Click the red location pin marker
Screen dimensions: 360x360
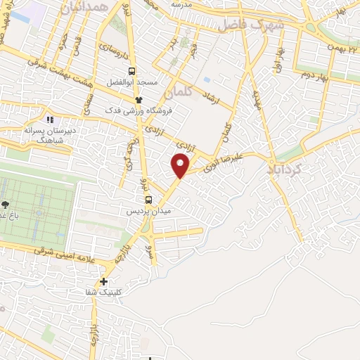click(181, 166)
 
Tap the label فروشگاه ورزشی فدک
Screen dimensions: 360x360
click(139, 111)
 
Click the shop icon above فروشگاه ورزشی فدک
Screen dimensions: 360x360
click(139, 99)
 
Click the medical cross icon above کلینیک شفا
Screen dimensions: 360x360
click(104, 281)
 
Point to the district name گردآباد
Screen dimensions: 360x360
click(285, 169)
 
